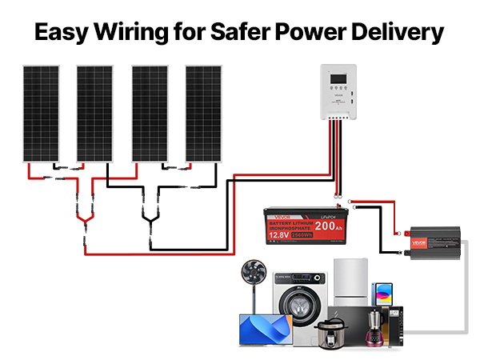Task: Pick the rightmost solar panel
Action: pos(202,113)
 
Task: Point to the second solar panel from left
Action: pos(94,113)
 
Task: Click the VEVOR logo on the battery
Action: pos(275,214)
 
